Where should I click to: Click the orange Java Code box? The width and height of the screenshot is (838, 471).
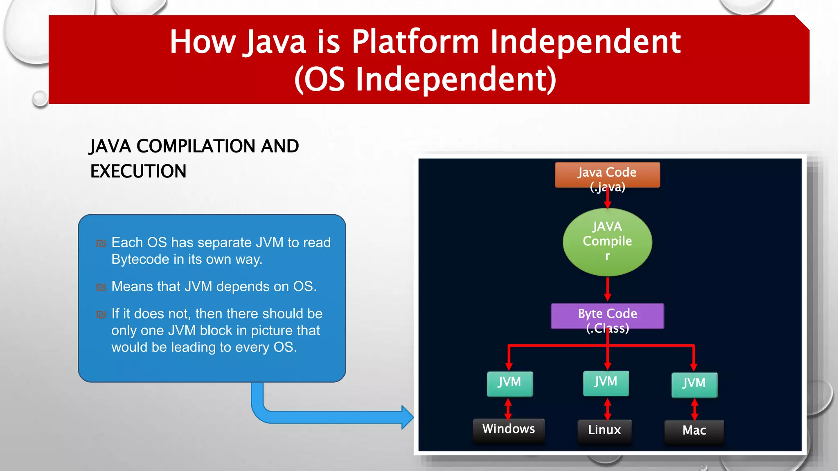[607, 175]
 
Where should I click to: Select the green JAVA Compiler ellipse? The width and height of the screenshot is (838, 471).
[607, 242]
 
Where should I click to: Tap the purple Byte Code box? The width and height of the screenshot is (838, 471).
[607, 316]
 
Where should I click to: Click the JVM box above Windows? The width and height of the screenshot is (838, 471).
[509, 384]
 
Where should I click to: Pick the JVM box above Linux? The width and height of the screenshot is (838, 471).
[606, 383]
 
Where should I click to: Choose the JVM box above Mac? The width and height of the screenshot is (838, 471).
[694, 384]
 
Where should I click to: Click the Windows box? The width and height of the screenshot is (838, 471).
[509, 430]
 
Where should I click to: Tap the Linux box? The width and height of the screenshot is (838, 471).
[604, 431]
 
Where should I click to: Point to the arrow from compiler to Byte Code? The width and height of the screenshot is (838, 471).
[608, 289]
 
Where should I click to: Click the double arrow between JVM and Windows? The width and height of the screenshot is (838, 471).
[508, 409]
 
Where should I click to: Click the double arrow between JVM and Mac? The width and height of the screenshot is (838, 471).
[694, 409]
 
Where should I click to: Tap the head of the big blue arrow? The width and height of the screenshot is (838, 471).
[407, 417]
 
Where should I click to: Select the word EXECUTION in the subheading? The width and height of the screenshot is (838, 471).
[138, 171]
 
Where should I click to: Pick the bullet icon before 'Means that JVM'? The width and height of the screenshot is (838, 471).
[101, 287]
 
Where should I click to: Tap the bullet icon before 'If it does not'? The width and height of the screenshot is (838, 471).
[101, 314]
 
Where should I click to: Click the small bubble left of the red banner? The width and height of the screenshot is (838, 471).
[40, 99]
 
